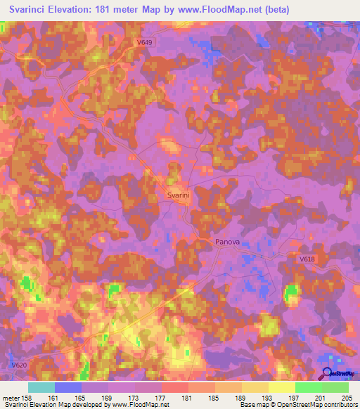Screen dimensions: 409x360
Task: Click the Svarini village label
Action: point(179,196)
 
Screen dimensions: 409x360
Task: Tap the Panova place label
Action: point(227,242)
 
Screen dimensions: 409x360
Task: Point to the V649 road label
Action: point(144,42)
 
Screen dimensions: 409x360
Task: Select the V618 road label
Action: point(307,259)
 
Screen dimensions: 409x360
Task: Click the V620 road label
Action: point(19,365)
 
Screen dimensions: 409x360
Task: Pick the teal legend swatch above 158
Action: point(41,387)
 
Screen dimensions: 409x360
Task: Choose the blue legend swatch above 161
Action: point(68,387)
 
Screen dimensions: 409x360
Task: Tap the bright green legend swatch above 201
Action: point(309,387)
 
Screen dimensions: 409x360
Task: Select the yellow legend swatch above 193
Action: point(255,387)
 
